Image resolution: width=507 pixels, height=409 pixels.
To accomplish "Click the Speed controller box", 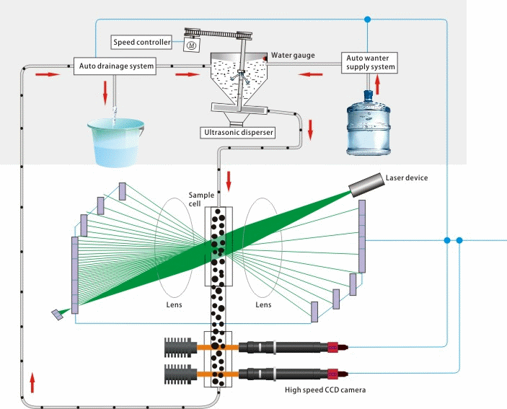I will point(141,43).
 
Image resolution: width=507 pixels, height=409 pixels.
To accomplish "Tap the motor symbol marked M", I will point(192,45).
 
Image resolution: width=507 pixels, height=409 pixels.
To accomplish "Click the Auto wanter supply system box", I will point(369,62).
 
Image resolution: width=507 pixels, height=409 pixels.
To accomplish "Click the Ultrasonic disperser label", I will point(240,133).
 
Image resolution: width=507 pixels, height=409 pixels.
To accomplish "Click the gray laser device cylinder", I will point(367,185).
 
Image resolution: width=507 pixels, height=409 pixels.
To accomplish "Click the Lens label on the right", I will point(264,305).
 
